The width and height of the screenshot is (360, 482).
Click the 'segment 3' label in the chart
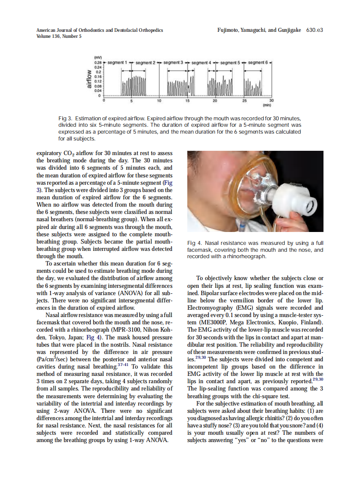[173, 63]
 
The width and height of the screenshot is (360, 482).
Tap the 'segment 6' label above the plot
[258, 63]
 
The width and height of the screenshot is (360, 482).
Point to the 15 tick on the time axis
[187, 101]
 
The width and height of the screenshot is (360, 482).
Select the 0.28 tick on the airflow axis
[98, 63]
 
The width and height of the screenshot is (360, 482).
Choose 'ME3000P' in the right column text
[214, 322]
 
